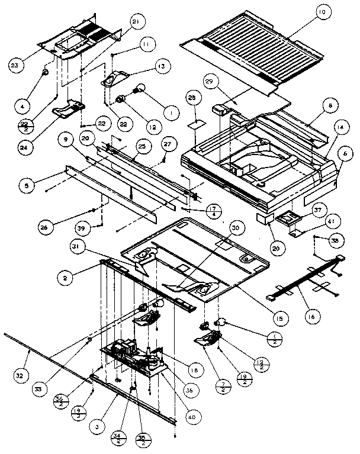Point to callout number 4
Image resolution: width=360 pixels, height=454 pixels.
pos(22,107)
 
